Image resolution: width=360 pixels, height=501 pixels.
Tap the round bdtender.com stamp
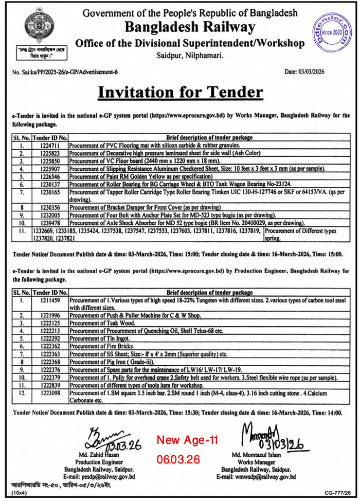point(329,31)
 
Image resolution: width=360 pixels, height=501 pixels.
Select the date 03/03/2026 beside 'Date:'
point(311,72)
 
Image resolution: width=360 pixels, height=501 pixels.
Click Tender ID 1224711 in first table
point(49,146)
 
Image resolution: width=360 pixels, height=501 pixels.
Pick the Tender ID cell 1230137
point(49,184)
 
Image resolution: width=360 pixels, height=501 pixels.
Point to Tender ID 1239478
point(49,223)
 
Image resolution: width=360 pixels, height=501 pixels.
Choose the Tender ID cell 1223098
point(49,393)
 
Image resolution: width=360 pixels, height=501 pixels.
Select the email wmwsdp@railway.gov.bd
point(263,477)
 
